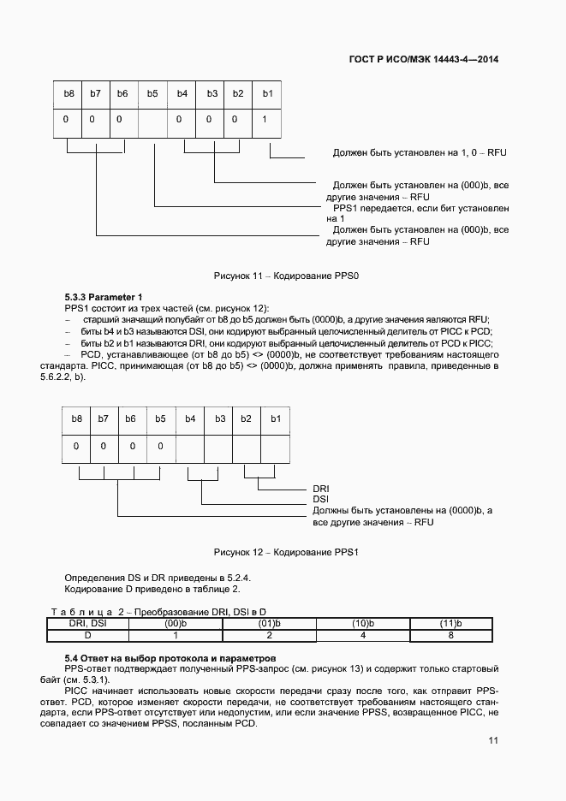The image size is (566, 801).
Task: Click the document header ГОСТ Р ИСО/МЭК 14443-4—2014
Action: [x=424, y=60]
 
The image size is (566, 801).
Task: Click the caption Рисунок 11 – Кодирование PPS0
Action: [x=286, y=276]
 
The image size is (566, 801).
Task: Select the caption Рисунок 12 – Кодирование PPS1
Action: [x=286, y=552]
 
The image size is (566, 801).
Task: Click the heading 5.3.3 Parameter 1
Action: [x=104, y=297]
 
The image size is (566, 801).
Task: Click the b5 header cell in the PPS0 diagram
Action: [x=152, y=93]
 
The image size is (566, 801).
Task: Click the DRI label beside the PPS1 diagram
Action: [x=321, y=489]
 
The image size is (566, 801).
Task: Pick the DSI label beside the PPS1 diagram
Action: [x=321, y=499]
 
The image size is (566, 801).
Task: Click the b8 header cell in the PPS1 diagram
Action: [x=77, y=418]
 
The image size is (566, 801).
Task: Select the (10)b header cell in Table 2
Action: [x=363, y=624]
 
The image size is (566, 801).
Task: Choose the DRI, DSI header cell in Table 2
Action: [x=86, y=624]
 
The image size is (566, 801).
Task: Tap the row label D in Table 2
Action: [x=86, y=636]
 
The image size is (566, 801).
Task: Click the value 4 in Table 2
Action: [x=363, y=636]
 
